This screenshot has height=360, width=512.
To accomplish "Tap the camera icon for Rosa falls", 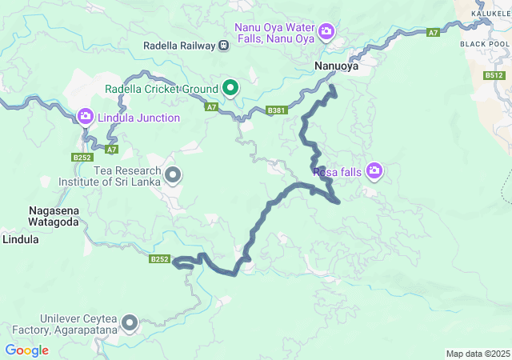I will (374, 170).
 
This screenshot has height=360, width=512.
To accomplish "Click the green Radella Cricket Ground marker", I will (230, 88).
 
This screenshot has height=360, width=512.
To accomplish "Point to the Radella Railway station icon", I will (224, 46).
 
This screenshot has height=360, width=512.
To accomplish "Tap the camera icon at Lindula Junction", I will (86, 118).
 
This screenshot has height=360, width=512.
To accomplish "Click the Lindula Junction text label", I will (138, 118).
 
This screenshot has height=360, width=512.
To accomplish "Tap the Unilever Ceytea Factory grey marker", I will (129, 323).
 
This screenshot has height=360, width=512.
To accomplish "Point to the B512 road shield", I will (494, 75).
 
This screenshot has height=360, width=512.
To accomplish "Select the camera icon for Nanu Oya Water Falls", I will (326, 31).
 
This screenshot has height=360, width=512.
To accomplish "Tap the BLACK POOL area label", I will (485, 43).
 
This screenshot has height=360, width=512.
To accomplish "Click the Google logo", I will (26, 350).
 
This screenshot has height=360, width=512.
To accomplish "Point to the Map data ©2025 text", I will (477, 354).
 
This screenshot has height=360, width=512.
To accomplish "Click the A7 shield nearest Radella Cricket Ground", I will (211, 106).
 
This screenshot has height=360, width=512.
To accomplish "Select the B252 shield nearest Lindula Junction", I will (82, 158).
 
